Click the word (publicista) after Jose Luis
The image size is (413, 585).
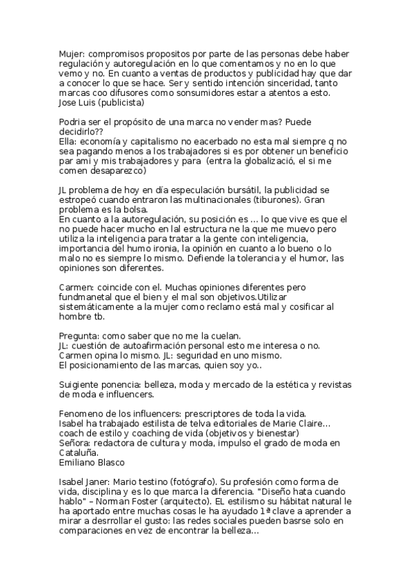click(121, 103)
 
